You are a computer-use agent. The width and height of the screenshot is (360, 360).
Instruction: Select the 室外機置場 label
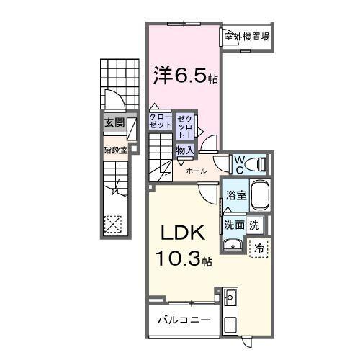click(x=246, y=37)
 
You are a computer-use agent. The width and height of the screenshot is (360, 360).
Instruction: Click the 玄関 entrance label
click(x=114, y=123)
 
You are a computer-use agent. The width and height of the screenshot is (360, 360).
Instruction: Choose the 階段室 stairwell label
click(x=114, y=150)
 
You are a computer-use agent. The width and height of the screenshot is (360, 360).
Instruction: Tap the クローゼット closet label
click(x=161, y=120)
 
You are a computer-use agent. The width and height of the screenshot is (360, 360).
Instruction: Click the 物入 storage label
click(x=184, y=150)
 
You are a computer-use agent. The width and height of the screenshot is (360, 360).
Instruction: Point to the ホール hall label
click(x=197, y=171)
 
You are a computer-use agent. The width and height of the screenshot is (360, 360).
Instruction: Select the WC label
click(x=239, y=165)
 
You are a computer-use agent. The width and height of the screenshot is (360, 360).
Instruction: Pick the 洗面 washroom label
click(x=234, y=225)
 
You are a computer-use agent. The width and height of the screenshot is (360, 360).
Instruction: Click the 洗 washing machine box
click(x=254, y=225)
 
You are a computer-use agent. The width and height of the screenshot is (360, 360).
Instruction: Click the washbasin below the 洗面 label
click(x=233, y=246)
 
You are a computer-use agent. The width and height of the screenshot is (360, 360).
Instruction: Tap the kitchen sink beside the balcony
click(x=230, y=297)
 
